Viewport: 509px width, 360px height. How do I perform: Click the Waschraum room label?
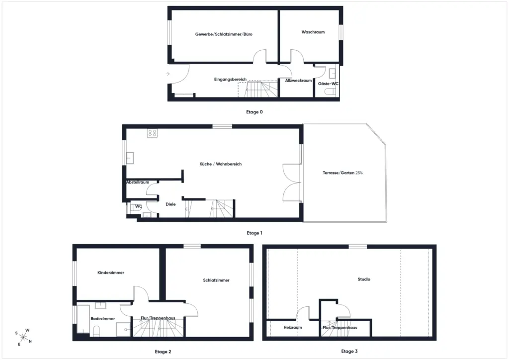coord(313,32)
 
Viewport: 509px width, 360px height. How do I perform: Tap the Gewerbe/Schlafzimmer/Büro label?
coord(224,34)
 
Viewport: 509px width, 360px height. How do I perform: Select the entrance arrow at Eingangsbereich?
coord(168,74)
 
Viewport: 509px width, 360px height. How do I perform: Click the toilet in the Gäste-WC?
coord(330,91)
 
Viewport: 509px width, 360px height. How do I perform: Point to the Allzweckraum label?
coord(298,81)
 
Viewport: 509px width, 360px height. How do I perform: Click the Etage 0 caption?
coord(254,112)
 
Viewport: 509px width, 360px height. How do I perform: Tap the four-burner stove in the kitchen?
coord(152,133)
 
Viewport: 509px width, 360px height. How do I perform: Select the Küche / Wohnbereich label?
coord(220,164)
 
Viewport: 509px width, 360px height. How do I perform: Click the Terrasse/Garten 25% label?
coord(342,173)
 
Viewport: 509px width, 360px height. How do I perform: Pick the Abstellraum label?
coord(138,182)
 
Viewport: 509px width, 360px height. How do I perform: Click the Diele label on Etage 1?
coord(170,204)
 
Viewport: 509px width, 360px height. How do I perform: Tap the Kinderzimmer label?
coord(111,272)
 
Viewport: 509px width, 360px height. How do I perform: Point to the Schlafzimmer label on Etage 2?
coord(216,280)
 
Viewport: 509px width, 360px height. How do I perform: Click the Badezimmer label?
coord(102,318)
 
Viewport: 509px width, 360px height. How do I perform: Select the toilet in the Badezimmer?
coord(96,332)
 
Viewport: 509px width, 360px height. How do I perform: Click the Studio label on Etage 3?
coord(364,279)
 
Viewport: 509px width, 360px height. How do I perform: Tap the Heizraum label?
coord(292,328)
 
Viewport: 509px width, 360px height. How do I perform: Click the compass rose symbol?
coord(23,337)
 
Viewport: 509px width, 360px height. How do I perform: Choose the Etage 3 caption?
coord(349,351)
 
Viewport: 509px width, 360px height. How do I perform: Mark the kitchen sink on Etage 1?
coord(130,158)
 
